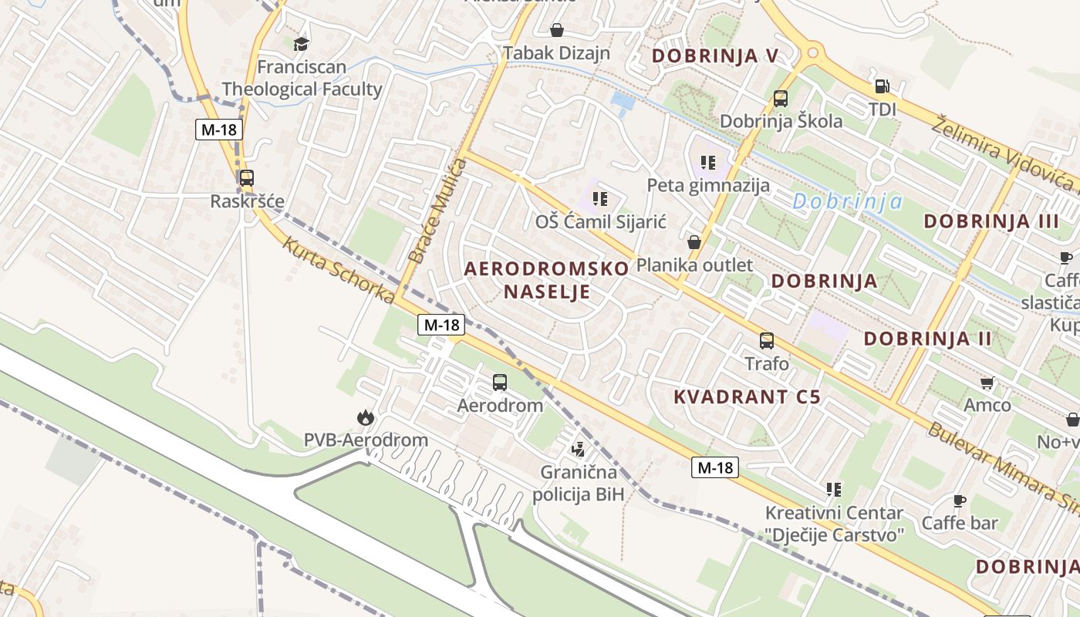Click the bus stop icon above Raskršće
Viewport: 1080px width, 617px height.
tap(246, 178)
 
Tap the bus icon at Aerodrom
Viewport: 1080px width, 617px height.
tap(500, 383)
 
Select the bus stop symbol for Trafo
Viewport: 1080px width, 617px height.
tap(766, 341)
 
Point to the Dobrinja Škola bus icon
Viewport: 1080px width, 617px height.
tap(781, 99)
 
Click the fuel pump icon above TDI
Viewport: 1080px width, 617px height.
tap(882, 86)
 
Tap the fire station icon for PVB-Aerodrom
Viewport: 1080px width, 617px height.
tap(365, 418)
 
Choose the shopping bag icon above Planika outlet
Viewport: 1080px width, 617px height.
tap(694, 242)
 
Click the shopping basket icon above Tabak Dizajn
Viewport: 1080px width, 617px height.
tap(556, 30)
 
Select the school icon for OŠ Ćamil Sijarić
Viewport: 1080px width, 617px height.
tap(601, 199)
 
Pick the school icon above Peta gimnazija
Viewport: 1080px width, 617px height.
tap(708, 163)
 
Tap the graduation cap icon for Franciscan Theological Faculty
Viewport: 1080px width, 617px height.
tap(301, 44)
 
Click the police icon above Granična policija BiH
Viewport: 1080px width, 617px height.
tap(578, 449)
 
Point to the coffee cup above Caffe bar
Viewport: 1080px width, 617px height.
tap(959, 501)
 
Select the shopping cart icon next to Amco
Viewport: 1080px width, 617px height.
tap(987, 383)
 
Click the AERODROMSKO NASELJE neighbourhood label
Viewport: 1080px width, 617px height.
tap(547, 280)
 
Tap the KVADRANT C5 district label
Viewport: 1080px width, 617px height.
tap(747, 397)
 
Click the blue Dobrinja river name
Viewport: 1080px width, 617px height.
tap(847, 202)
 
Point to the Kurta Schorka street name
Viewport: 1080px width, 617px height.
tap(338, 271)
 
